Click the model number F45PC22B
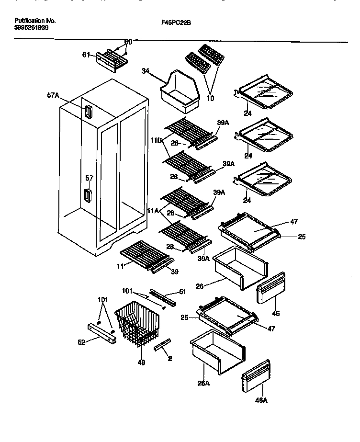point(180,22)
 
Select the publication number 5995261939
point(32,28)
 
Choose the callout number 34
point(146,71)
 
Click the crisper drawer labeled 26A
point(210,354)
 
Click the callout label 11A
point(153,210)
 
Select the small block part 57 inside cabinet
point(87,195)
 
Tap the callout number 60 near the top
point(128,42)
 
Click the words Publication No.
point(35,21)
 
